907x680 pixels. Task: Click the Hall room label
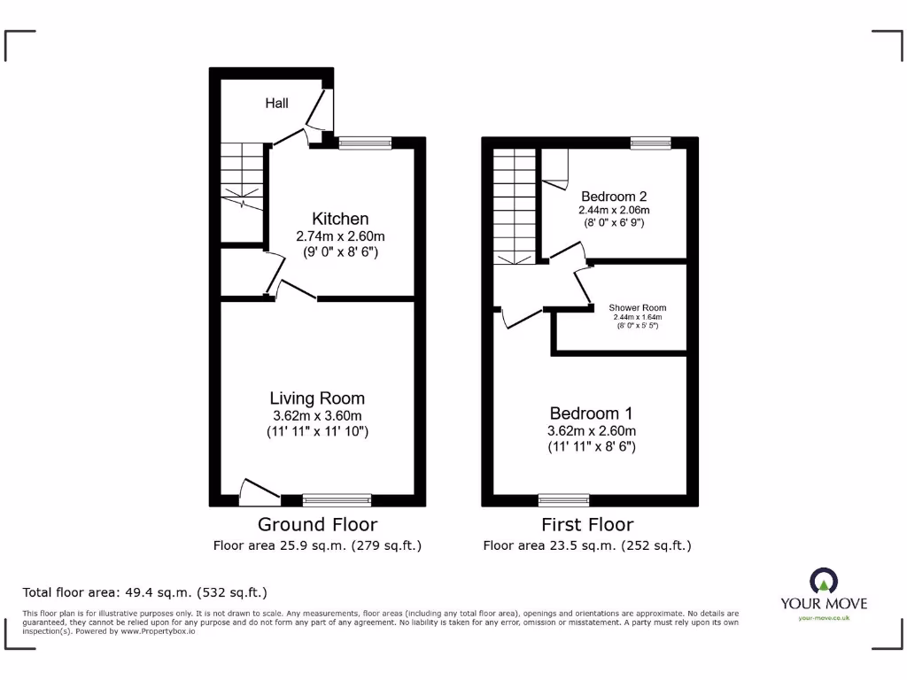[x=277, y=104]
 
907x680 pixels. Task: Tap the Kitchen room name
[x=340, y=219]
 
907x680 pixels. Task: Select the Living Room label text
[x=317, y=398]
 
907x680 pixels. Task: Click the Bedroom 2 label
[x=615, y=196]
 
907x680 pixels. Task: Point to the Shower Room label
[x=637, y=308]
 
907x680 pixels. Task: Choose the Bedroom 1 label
[x=591, y=413]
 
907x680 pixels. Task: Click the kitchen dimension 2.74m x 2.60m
[x=340, y=236]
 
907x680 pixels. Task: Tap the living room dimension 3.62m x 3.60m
[x=317, y=416]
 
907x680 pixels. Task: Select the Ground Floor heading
[x=317, y=525]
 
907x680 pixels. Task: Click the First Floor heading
[x=587, y=525]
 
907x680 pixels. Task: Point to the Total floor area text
[x=144, y=592]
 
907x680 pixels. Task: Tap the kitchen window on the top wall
[x=364, y=141]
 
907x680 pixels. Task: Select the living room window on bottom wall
[x=337, y=500]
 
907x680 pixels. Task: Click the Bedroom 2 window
[x=650, y=141]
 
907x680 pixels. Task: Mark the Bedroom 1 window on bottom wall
[x=563, y=500]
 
